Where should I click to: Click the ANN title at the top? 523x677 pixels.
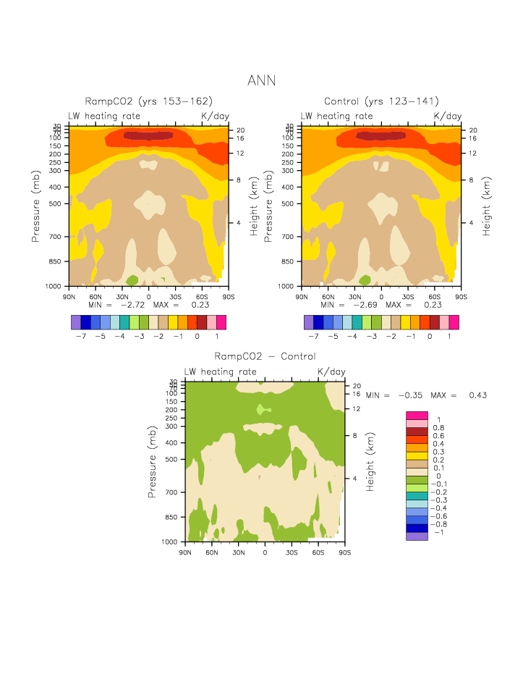pyautogui.click(x=261, y=80)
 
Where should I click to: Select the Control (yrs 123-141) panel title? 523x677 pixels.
pyautogui.click(x=381, y=101)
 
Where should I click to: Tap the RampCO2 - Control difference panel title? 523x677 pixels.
pyautogui.click(x=265, y=356)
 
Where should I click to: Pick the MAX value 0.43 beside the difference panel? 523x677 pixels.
pyautogui.click(x=477, y=395)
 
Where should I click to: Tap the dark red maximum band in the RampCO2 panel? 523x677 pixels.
pyautogui.click(x=149, y=135)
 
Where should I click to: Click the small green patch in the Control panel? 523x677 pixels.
pyautogui.click(x=365, y=279)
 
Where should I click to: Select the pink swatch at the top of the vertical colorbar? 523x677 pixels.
pyautogui.click(x=417, y=416)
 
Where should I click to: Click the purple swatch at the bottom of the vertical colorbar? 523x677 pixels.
pyautogui.click(x=417, y=537)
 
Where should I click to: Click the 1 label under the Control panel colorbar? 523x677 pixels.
pyautogui.click(x=449, y=337)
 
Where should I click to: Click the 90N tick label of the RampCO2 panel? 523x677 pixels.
pyautogui.click(x=69, y=296)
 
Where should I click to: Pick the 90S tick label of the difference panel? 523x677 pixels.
pyautogui.click(x=344, y=552)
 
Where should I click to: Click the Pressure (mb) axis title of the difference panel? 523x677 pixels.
pyautogui.click(x=153, y=462)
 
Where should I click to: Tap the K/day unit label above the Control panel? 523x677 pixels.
pyautogui.click(x=447, y=116)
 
